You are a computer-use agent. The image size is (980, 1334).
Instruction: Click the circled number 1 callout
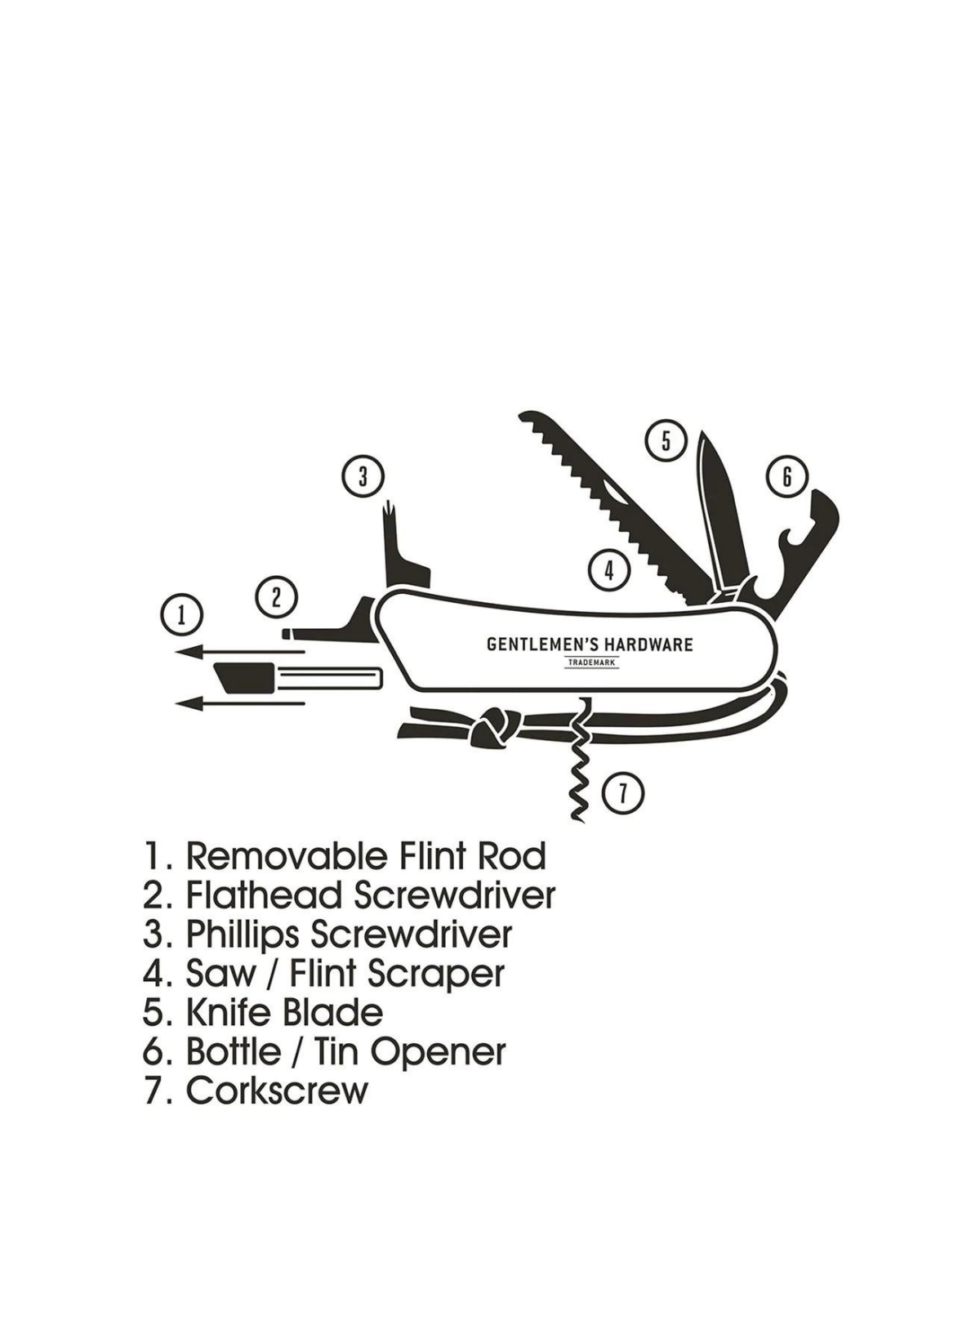[181, 614]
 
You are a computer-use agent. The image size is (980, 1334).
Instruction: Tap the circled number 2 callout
[276, 597]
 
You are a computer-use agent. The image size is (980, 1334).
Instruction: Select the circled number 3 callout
[363, 475]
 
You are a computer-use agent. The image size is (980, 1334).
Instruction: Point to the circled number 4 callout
[608, 569]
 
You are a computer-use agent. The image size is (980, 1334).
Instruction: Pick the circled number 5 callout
[666, 441]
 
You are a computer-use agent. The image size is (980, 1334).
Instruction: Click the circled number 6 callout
[786, 476]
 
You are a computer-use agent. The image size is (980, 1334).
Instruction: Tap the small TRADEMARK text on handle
[592, 663]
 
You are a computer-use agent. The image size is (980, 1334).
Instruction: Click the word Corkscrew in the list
[277, 1091]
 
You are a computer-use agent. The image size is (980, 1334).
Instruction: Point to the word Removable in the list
[287, 856]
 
